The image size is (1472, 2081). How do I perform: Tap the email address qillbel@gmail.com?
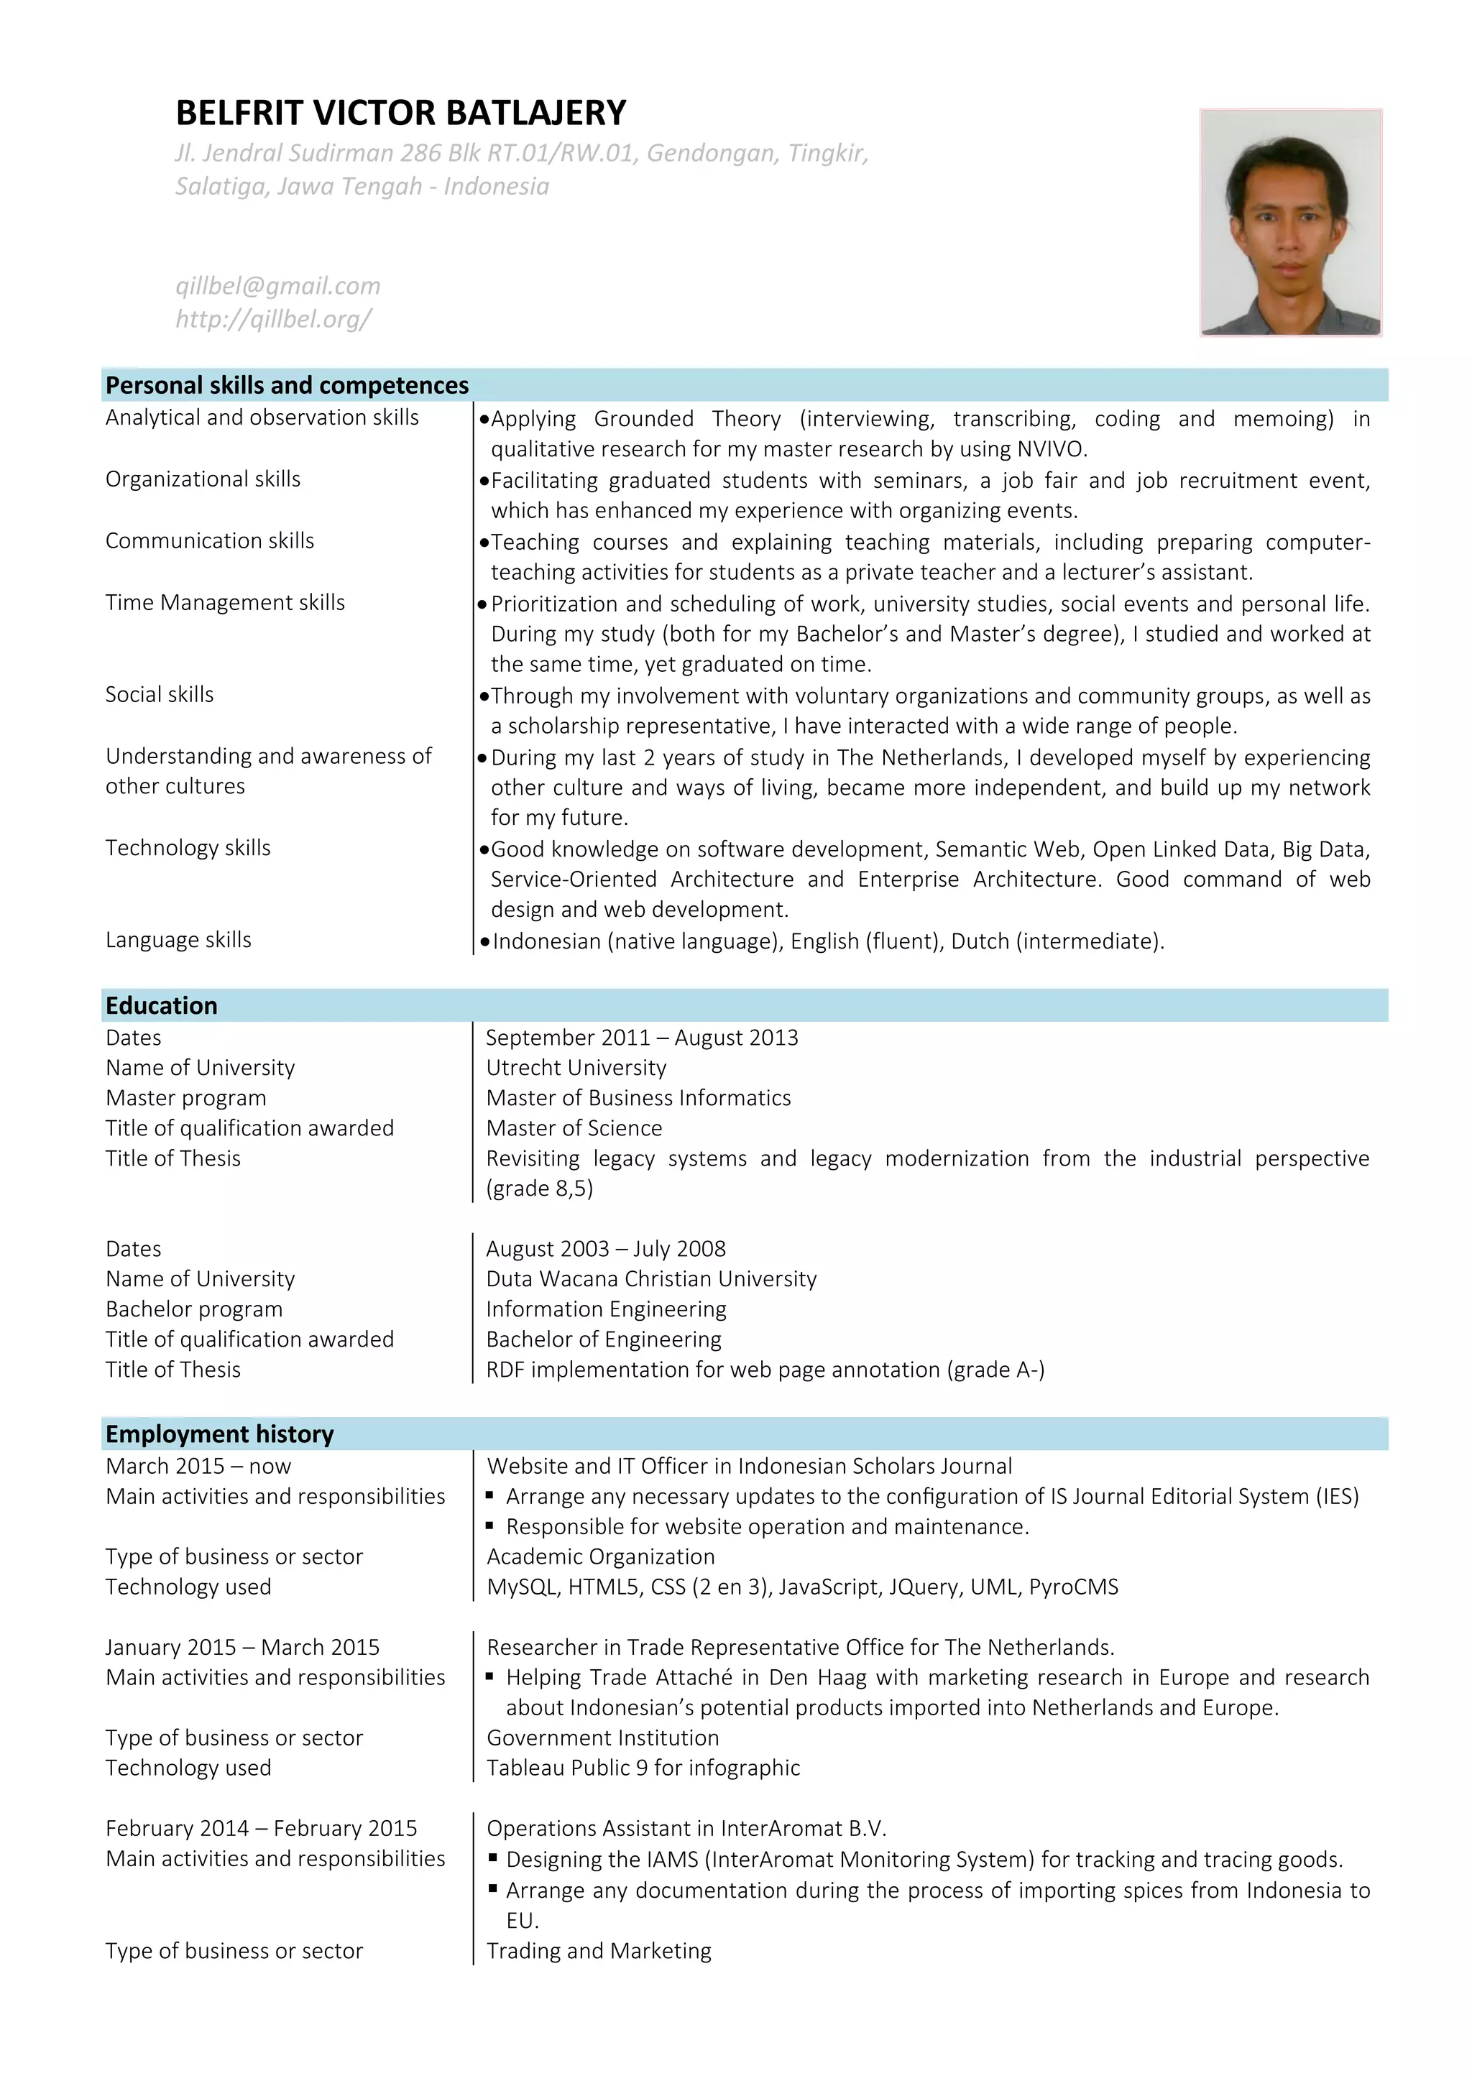click(277, 287)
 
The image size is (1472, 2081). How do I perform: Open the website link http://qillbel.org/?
click(273, 319)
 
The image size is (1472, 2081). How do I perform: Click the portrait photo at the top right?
click(1290, 223)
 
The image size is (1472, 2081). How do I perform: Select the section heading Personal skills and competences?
click(287, 385)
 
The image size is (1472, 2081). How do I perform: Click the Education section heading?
click(161, 1005)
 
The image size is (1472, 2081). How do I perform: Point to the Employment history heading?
click(219, 1434)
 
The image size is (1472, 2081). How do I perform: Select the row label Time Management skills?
click(225, 603)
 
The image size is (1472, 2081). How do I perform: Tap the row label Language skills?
click(178, 940)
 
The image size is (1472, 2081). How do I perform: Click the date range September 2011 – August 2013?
click(642, 1038)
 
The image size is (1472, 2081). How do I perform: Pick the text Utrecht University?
click(576, 1068)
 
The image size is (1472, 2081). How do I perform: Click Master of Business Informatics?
click(638, 1099)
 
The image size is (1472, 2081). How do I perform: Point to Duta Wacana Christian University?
click(650, 1279)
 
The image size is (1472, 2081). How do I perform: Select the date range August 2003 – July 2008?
click(605, 1249)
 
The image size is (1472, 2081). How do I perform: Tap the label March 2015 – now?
click(198, 1467)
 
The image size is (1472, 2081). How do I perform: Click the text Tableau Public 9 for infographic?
click(643, 1768)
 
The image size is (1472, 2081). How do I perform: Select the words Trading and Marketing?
click(598, 1952)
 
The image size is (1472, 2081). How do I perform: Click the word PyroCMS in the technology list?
click(1073, 1587)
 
